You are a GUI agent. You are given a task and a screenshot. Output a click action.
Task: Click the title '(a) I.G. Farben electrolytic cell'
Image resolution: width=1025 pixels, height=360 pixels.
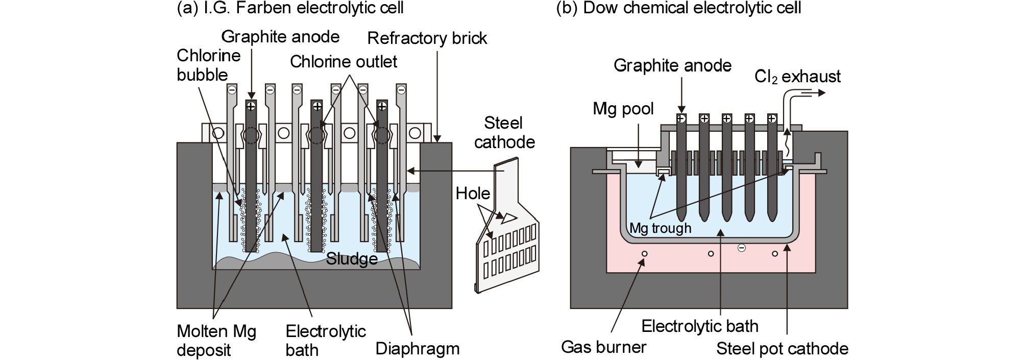tap(290, 8)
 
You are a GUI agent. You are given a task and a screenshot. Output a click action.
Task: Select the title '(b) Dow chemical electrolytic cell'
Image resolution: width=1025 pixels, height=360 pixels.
tap(678, 8)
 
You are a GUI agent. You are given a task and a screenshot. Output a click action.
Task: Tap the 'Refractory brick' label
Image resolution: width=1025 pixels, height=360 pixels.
tap(427, 38)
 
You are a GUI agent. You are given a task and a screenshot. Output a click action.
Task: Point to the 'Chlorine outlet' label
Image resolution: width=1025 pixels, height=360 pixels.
tap(343, 62)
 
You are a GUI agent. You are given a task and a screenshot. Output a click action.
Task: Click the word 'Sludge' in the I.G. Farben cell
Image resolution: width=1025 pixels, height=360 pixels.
tap(352, 259)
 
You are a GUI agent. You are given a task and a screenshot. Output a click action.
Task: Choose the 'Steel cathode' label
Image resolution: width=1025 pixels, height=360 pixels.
tap(504, 132)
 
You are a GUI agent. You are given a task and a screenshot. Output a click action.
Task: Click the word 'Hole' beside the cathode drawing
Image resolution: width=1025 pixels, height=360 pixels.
tap(473, 194)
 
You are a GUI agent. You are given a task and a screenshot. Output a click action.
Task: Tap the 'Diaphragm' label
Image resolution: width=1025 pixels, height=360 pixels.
tap(417, 349)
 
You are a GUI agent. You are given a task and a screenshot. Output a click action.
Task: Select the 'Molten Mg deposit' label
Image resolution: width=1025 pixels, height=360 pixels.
tap(216, 341)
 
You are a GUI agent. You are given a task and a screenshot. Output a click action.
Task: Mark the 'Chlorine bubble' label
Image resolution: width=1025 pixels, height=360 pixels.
tap(208, 65)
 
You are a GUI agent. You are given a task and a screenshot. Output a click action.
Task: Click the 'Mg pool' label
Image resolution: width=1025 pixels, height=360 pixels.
tap(623, 109)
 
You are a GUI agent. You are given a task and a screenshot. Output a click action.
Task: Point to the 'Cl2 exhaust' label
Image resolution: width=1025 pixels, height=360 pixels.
tap(797, 77)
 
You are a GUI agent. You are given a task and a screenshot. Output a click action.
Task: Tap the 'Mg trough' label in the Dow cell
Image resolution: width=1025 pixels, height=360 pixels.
tap(660, 228)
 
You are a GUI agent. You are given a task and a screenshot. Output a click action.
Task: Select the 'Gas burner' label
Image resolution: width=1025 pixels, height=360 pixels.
tap(603, 347)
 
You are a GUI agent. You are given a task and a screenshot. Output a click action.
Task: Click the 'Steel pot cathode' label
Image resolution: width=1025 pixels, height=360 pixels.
tap(782, 349)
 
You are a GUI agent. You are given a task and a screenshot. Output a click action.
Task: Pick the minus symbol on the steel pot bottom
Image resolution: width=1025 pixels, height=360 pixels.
tap(742, 248)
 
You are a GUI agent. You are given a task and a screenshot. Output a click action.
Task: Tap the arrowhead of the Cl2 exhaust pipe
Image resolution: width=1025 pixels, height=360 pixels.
tap(820, 92)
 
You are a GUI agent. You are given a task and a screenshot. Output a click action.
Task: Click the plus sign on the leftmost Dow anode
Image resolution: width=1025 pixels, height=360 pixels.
tap(681, 118)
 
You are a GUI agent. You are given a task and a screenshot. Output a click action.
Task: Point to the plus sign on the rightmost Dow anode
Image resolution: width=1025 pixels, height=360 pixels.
tap(772, 118)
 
